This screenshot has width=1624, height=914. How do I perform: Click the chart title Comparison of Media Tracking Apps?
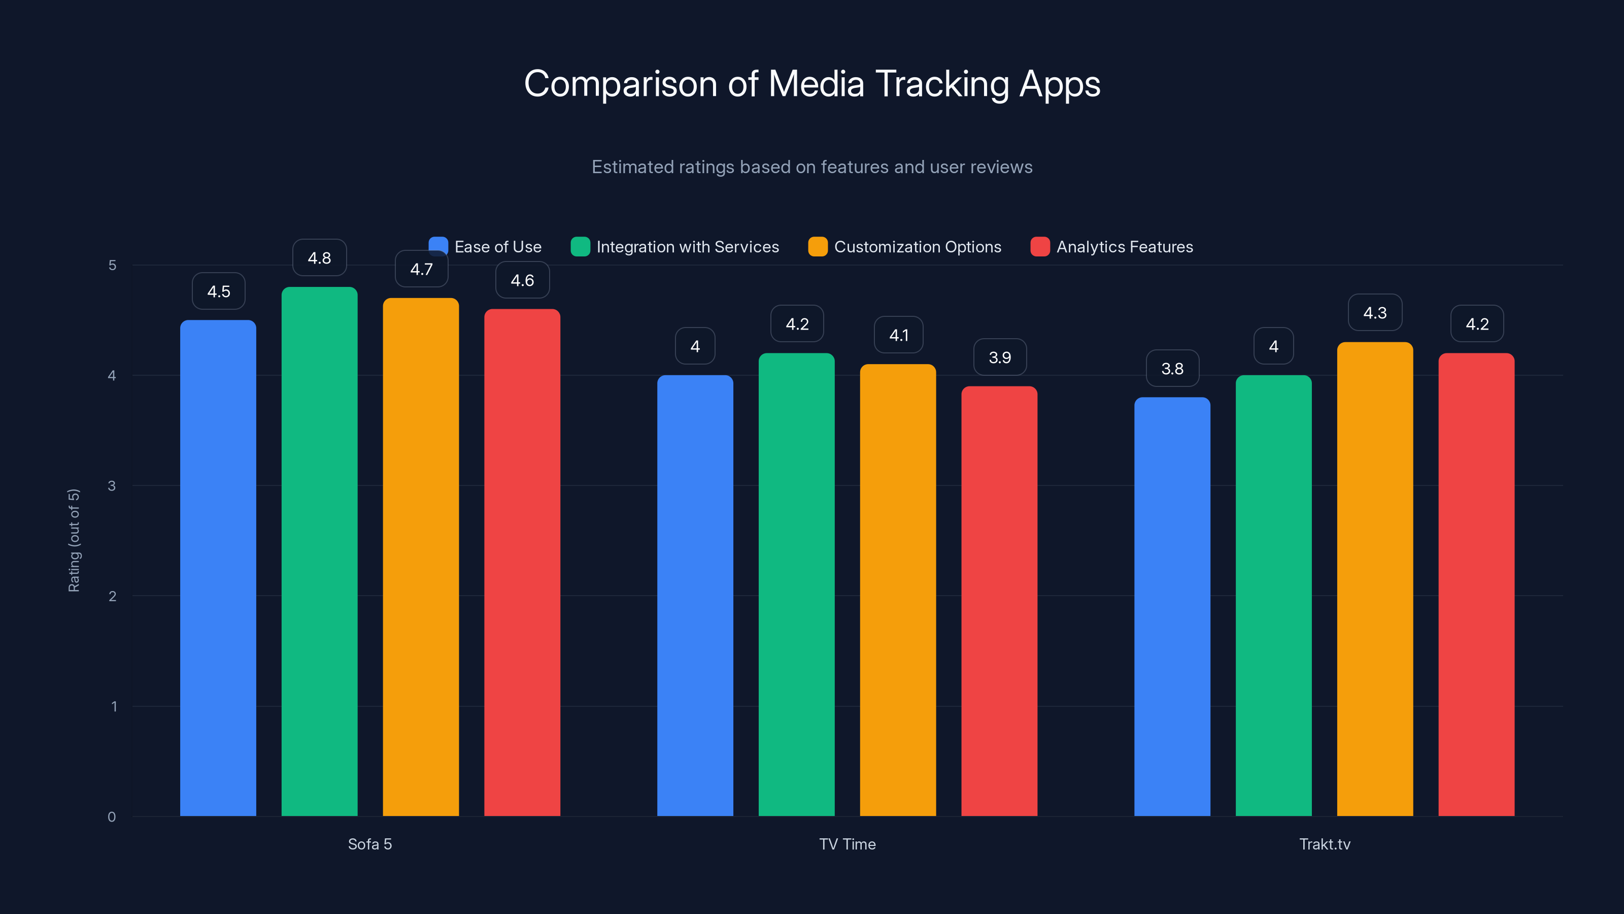point(812,84)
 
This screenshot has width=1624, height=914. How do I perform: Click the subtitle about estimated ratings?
point(812,167)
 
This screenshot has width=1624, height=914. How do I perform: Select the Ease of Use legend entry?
point(486,247)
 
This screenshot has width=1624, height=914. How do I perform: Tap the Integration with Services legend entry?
point(675,247)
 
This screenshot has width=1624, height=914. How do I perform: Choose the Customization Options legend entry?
point(905,247)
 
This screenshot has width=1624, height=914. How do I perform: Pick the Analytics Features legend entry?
point(1112,247)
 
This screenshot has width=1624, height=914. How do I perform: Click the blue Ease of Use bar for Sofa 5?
point(218,568)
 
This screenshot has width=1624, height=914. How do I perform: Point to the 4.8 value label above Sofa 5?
point(320,258)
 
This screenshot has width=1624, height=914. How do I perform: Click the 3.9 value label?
point(1000,357)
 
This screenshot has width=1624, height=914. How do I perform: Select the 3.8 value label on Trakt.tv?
point(1173,368)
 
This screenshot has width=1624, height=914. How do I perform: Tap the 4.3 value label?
point(1375,313)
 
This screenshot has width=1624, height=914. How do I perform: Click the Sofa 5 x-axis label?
point(370,844)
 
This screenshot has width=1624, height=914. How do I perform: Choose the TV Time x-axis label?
point(848,844)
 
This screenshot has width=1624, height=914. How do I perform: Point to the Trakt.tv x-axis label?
point(1325,844)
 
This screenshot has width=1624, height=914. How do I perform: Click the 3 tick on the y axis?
point(112,486)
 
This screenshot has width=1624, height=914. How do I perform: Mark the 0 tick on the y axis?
point(112,817)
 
